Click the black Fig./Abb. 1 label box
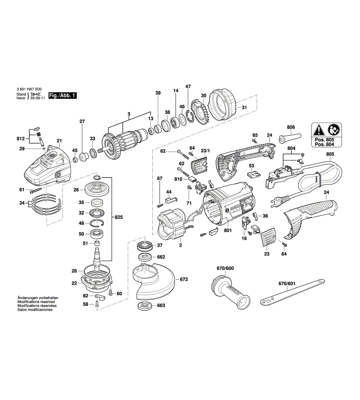pos(62,96)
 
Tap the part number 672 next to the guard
pos(184,279)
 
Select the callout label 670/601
pos(287,283)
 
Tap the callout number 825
pos(119,217)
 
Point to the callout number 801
pos(228,230)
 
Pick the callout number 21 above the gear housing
pos(59,141)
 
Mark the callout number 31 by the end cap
pos(244,108)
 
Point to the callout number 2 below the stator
pos(180,245)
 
